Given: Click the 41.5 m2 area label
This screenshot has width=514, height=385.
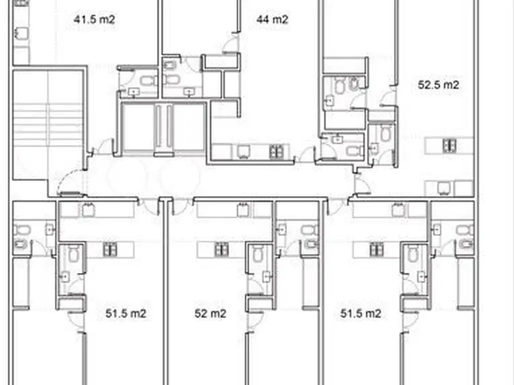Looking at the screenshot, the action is [x=94, y=20].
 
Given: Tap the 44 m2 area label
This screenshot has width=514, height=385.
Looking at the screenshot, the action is [x=272, y=20].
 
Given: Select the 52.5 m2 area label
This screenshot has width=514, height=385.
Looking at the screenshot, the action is [x=438, y=85].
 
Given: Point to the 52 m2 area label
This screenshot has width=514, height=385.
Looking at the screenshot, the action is [x=210, y=313].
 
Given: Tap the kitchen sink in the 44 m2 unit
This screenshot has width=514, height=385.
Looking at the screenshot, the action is [x=243, y=151].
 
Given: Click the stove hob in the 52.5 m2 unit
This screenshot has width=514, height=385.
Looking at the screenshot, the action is [x=449, y=145].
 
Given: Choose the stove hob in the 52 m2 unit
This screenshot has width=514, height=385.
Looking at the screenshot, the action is [x=221, y=250].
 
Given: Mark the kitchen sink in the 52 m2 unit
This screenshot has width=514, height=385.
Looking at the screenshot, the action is [x=243, y=210].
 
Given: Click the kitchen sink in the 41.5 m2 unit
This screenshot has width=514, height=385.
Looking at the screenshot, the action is [x=22, y=33].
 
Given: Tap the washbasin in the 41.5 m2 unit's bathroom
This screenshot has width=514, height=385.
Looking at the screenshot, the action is [x=134, y=92].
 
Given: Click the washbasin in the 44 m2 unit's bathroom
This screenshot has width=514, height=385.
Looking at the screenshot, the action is [x=189, y=92].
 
